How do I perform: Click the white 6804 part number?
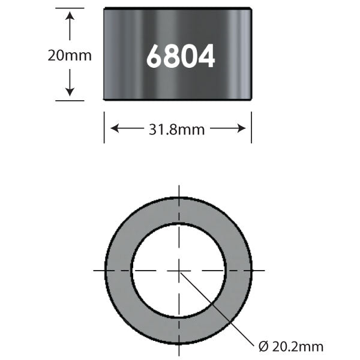point(180,57)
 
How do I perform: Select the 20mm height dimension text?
point(70,56)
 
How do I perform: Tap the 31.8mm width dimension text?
point(178,129)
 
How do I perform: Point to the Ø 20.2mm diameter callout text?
point(290,346)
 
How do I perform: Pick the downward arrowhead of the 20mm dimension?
point(70,91)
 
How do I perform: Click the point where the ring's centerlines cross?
point(179,271)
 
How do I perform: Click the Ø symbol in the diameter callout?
point(262,346)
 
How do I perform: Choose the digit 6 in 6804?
point(154,57)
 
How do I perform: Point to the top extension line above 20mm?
point(70,8)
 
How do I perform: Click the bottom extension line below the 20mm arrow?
point(70,101)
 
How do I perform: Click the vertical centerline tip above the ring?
point(179,188)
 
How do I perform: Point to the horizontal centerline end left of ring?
point(96,271)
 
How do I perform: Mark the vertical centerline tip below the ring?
point(179,353)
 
